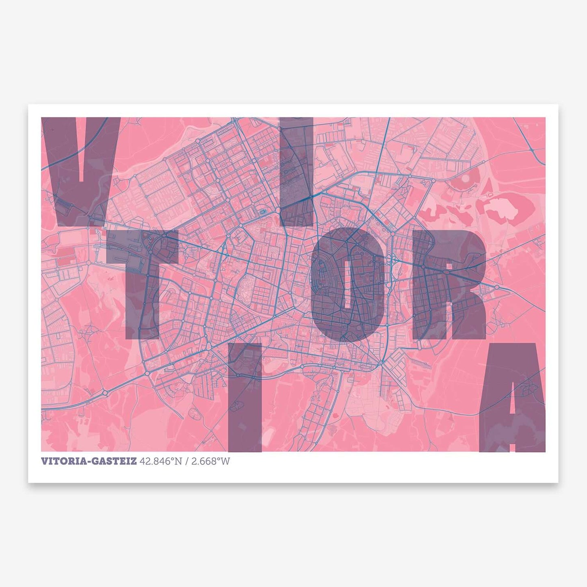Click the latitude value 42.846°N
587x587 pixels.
[x=160, y=461]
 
